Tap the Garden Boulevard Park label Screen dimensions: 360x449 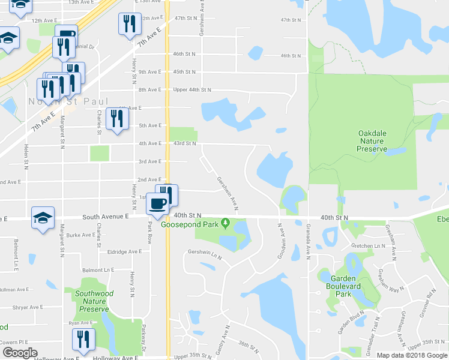pyautogui.click(x=343, y=286)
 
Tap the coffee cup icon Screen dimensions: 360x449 pyautogui.click(x=158, y=203)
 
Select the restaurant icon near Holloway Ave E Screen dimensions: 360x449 pyautogui.click(x=83, y=339)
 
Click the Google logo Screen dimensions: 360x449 pyautogui.click(x=19, y=353)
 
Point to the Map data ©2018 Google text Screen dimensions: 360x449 pyautogui.click(x=411, y=355)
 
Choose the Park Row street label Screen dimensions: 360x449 pyautogui.click(x=150, y=231)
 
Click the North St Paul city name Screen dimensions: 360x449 pyautogui.click(x=69, y=101)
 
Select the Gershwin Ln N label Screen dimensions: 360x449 pyautogui.click(x=205, y=255)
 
